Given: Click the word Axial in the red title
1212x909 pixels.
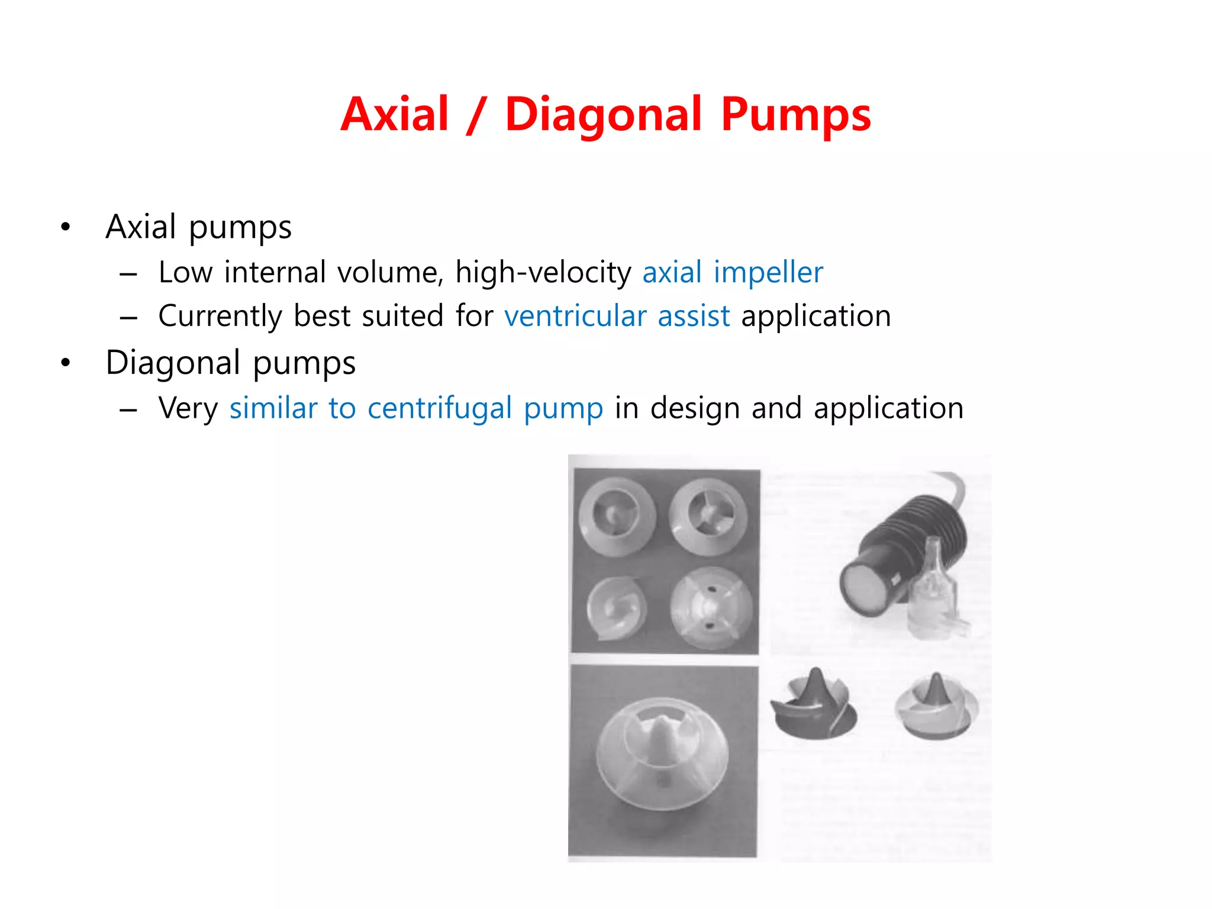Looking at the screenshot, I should pyautogui.click(x=395, y=114).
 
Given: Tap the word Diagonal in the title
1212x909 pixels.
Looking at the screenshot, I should pyautogui.click(x=604, y=114).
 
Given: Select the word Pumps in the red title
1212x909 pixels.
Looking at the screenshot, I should pyautogui.click(x=796, y=114).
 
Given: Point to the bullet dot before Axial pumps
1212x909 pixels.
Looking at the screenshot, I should pyautogui.click(x=65, y=227).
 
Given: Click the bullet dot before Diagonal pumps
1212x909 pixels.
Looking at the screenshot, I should pyautogui.click(x=65, y=363).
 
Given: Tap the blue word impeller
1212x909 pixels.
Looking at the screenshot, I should pyautogui.click(x=768, y=272).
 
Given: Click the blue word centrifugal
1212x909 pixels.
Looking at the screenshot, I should pyautogui.click(x=439, y=408).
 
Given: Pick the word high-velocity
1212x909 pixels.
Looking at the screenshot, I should pyautogui.click(x=543, y=272).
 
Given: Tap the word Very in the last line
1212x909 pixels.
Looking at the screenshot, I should pyautogui.click(x=188, y=408).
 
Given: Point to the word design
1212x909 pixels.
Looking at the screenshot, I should pyautogui.click(x=695, y=408).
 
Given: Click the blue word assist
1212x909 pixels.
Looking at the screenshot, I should pyautogui.click(x=694, y=315).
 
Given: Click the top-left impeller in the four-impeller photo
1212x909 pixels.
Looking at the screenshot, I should pyautogui.click(x=617, y=515).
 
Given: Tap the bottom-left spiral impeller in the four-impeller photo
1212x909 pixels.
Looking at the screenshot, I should pyautogui.click(x=616, y=608).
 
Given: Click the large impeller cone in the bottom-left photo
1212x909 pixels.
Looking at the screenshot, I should pyautogui.click(x=661, y=755).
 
